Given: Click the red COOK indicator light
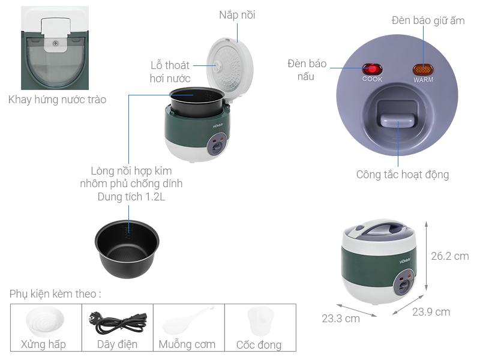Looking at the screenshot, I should pyautogui.click(x=372, y=69).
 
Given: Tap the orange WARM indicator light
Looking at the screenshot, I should pyautogui.click(x=423, y=69).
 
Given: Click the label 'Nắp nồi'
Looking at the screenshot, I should pyautogui.click(x=237, y=15).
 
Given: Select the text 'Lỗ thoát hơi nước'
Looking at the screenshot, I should pyautogui.click(x=170, y=72).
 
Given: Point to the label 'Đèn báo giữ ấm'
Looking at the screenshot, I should pyautogui.click(x=428, y=20).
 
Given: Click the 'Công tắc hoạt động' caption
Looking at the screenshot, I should pyautogui.click(x=402, y=175).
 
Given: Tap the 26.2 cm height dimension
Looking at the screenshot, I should pyautogui.click(x=449, y=256).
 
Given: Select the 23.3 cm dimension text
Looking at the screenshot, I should pyautogui.click(x=340, y=319).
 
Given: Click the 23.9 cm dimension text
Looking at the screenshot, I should pyautogui.click(x=431, y=312).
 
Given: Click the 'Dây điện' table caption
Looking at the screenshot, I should pyautogui.click(x=117, y=344).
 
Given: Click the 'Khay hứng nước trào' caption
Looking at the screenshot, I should pyautogui.click(x=57, y=100).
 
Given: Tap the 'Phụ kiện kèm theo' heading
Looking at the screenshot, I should pyautogui.click(x=55, y=294).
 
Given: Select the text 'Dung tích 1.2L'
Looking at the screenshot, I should pyautogui.click(x=131, y=196).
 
